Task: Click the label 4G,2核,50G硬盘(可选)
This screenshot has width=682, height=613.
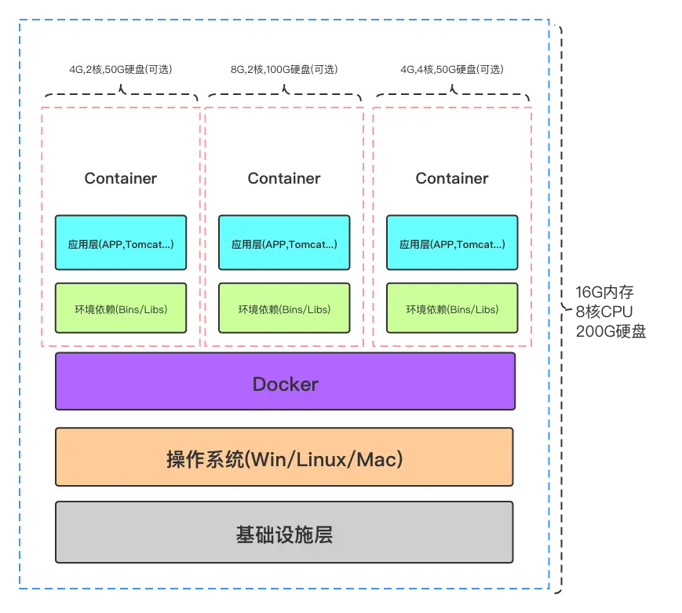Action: click(121, 70)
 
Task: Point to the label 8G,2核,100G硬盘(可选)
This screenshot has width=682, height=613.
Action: click(284, 70)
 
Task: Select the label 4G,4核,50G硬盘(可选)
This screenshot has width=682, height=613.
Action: click(452, 70)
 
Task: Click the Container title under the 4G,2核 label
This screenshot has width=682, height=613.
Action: click(121, 178)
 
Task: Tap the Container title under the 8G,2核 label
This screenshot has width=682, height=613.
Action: click(284, 178)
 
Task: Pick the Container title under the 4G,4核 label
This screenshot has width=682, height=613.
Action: click(452, 178)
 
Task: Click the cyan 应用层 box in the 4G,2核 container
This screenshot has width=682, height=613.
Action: click(121, 244)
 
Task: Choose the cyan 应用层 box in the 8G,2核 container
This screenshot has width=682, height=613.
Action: click(284, 244)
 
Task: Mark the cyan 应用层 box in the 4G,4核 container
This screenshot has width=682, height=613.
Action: click(452, 244)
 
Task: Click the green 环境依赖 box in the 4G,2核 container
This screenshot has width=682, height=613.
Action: click(121, 308)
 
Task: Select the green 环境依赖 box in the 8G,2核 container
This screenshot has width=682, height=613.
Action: click(284, 308)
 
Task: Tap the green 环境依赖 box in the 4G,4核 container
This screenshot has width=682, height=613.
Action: click(452, 308)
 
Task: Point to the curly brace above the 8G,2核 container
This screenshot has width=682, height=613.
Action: click(284, 93)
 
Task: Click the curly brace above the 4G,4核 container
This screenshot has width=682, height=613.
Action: click(452, 93)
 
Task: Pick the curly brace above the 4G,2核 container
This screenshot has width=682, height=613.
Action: click(121, 93)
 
